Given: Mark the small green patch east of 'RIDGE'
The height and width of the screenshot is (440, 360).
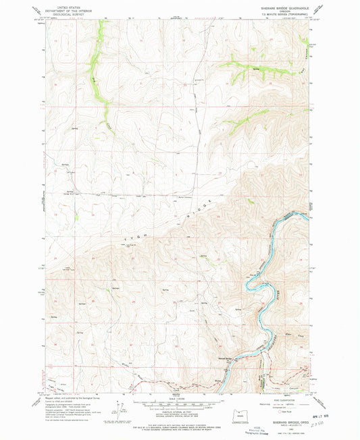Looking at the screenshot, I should pyautogui.click(x=252, y=202).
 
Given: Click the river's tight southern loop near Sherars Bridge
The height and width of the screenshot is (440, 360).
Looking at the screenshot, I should pyautogui.click(x=251, y=284).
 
